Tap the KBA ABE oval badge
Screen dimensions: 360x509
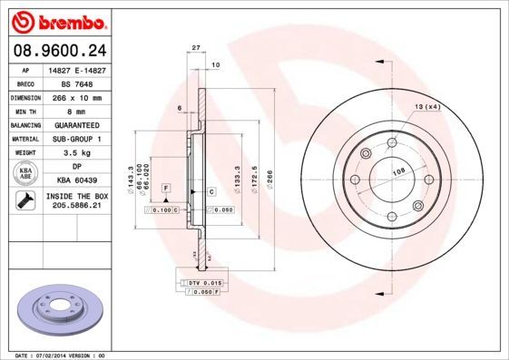[26, 174]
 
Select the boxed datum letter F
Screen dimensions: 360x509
[166, 187]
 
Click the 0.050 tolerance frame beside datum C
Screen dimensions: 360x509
[220, 209]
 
